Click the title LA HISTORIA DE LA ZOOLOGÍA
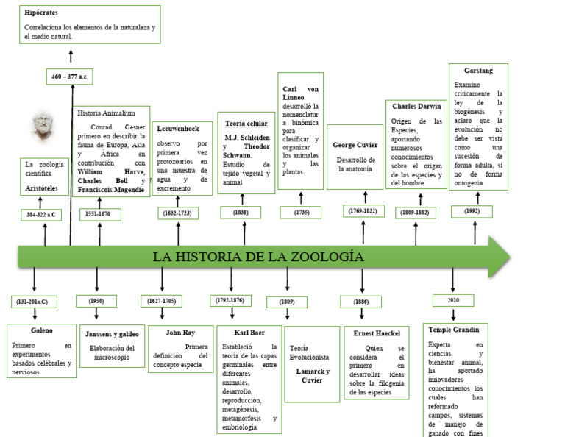click(x=258, y=257)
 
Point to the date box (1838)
click(x=241, y=212)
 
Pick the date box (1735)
click(x=300, y=212)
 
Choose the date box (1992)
click(x=472, y=211)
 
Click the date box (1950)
click(x=96, y=301)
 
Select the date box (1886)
click(x=360, y=302)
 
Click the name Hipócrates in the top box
click(x=41, y=13)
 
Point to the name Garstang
click(x=478, y=71)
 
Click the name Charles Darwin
click(x=416, y=106)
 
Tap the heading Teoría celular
click(x=246, y=124)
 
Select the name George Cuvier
click(x=355, y=145)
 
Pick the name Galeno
click(x=42, y=330)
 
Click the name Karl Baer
click(x=249, y=333)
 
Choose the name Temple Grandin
click(x=453, y=329)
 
